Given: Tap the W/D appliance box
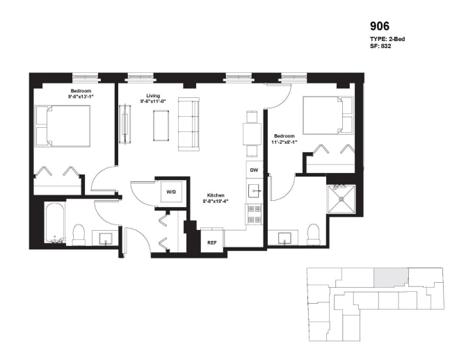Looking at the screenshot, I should tap(170, 192).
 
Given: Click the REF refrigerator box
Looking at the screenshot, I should tap(211, 243).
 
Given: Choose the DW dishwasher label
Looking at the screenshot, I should tap(254, 170).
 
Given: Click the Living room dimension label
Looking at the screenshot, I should tap(154, 99).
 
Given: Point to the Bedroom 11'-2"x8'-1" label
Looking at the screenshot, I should tap(286, 139).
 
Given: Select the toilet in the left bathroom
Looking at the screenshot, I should tap(79, 234).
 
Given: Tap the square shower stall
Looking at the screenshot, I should tap(341, 197).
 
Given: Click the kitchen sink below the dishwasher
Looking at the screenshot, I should tap(255, 190).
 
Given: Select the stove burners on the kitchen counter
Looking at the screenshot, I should tap(255, 214).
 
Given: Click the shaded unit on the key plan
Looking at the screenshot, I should tap(391, 277).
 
